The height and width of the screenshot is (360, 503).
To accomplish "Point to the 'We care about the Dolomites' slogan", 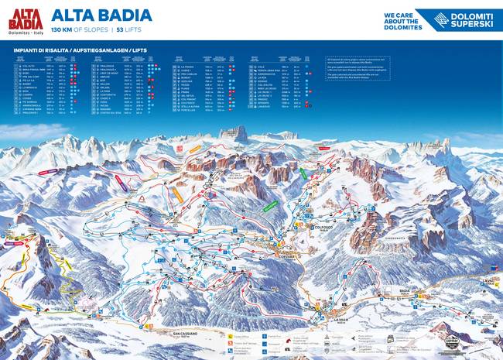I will tap(403, 20).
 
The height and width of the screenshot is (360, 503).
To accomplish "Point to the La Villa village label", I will tap(341, 319).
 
